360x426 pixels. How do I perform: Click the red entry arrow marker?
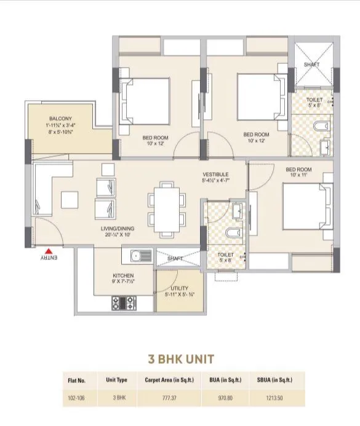[48, 250]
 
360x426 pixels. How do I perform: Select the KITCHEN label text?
[123, 275]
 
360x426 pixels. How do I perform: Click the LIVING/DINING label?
[118, 228]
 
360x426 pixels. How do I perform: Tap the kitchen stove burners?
[123, 302]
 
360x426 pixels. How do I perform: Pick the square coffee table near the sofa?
[70, 199]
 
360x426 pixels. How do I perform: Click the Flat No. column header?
[77, 380]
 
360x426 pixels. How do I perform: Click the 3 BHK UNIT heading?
[180, 359]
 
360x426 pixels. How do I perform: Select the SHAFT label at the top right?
[311, 65]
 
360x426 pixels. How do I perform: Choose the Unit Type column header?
[116, 380]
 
